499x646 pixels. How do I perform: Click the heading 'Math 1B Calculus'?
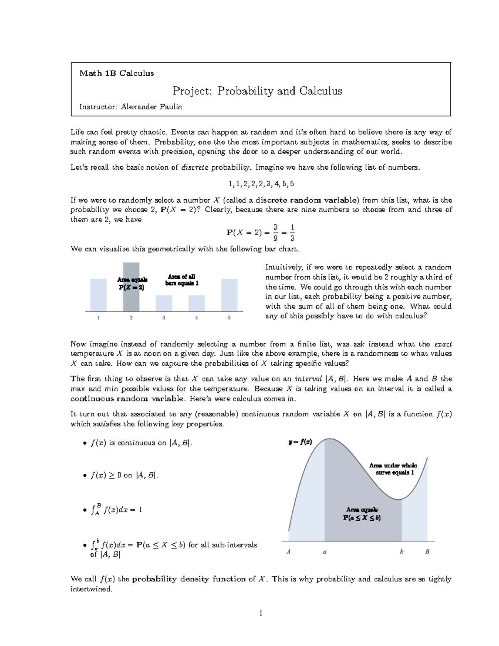pyautogui.click(x=116, y=73)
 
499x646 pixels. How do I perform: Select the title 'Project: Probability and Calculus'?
pyautogui.click(x=257, y=91)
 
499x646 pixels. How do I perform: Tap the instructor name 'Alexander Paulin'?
pyautogui.click(x=151, y=107)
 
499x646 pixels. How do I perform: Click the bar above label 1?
pyautogui.click(x=98, y=295)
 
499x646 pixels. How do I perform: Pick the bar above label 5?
pyautogui.click(x=229, y=295)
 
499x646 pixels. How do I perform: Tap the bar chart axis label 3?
pyautogui.click(x=164, y=318)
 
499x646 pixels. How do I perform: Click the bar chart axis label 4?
pyautogui.click(x=196, y=318)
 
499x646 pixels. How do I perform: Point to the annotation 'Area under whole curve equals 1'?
pyautogui.click(x=393, y=469)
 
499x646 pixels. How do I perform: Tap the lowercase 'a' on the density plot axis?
pyautogui.click(x=324, y=552)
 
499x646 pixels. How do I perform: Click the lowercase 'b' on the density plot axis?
pyautogui.click(x=402, y=552)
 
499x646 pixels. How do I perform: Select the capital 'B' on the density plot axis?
pyautogui.click(x=427, y=552)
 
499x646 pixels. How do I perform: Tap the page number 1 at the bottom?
pyautogui.click(x=261, y=613)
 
